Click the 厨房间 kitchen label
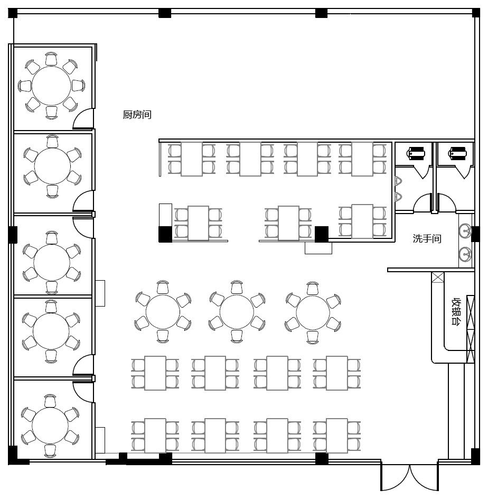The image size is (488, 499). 137,115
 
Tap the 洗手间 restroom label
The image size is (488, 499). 427,238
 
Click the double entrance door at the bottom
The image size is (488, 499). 409,477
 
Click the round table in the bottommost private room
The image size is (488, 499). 50,426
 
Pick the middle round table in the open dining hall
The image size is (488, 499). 237,312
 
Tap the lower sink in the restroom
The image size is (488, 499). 465,254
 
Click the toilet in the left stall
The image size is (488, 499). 416,153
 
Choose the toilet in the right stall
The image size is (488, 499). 457,153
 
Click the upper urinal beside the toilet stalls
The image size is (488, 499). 398,181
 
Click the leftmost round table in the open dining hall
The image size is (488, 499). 163,312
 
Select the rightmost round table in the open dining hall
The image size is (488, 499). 313,312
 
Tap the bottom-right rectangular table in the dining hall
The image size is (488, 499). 336,436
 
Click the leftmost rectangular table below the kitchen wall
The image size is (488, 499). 192,159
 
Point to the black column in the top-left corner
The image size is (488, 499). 13,13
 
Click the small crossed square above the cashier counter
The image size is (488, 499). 437,278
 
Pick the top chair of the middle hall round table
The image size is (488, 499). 237,288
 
